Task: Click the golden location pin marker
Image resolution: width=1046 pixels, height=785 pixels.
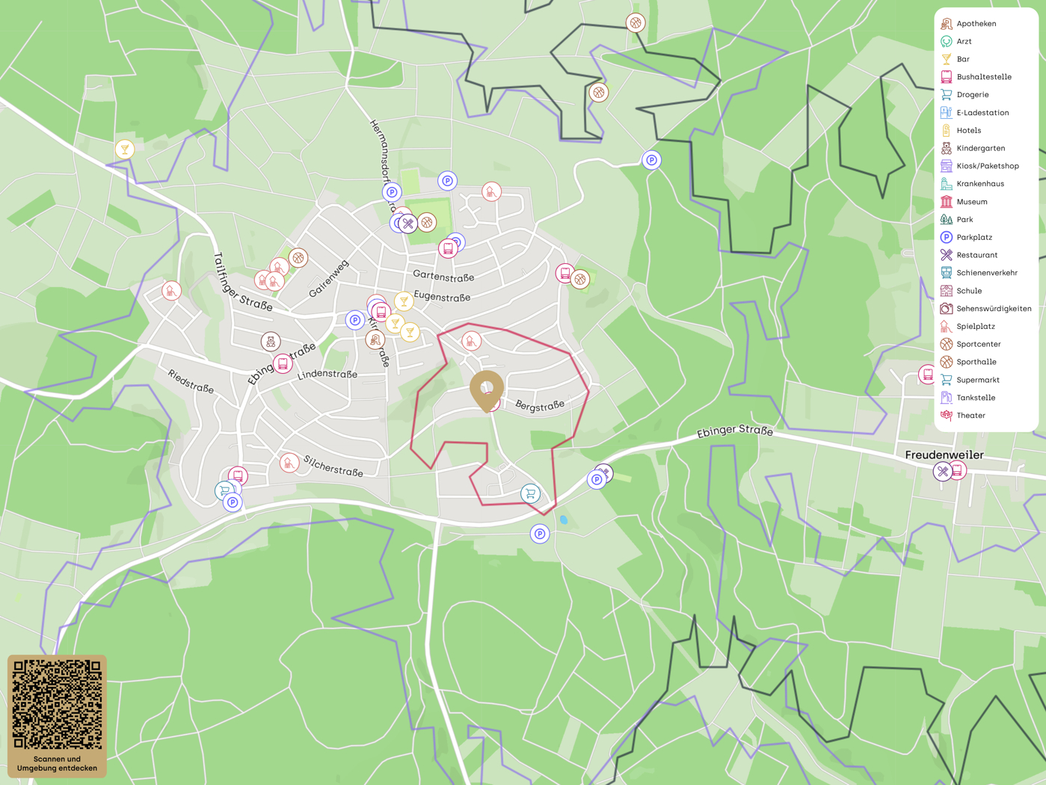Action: [487, 389]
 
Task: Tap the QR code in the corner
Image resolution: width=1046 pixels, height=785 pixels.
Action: [57, 704]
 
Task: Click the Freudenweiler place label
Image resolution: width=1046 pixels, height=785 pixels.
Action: [944, 455]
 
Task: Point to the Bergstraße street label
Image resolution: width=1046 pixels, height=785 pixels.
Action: [540, 405]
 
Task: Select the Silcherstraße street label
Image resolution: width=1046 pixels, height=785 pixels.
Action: [333, 467]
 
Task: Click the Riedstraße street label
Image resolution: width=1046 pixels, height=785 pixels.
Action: [191, 381]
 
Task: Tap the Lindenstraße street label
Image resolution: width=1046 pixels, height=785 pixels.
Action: [327, 375]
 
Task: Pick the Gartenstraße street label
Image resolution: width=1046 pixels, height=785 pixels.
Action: [443, 277]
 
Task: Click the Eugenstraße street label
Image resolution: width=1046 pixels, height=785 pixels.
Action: [442, 298]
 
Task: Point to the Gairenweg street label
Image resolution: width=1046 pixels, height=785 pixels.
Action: [328, 279]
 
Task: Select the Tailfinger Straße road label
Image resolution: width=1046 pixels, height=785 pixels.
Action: [241, 282]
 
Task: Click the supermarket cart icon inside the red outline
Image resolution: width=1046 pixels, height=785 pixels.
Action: [530, 493]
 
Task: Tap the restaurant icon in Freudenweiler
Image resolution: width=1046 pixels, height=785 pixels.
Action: [943, 472]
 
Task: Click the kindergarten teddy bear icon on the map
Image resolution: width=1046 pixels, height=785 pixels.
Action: [271, 342]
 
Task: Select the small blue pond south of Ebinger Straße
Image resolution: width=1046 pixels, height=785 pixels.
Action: [564, 520]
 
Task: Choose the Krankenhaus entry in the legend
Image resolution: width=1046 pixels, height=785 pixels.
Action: [979, 184]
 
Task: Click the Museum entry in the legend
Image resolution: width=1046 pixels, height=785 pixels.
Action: [971, 202]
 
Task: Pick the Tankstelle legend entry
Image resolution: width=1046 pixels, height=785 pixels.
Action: [975, 398]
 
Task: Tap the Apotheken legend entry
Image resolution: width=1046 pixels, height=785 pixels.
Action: [976, 24]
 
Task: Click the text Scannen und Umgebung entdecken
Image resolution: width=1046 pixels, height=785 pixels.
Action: [57, 763]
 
